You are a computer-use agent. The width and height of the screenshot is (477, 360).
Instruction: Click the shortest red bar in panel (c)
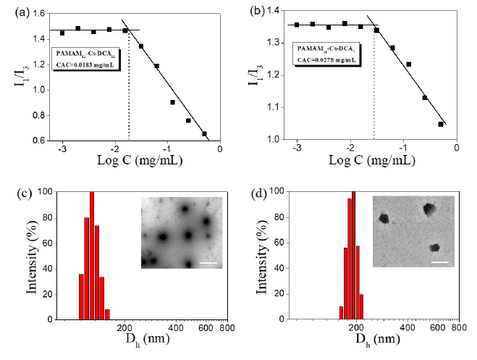pyautogui.click(x=107, y=314)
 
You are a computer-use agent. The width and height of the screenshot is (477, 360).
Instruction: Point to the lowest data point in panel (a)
pyautogui.click(x=204, y=133)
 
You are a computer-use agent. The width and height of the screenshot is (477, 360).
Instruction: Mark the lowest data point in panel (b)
pyautogui.click(x=441, y=124)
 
